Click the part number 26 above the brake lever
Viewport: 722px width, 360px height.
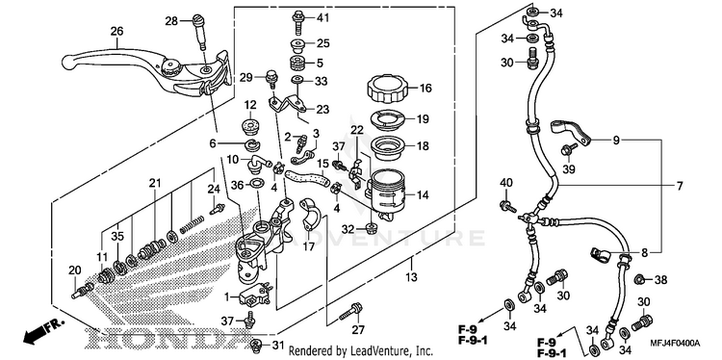click(x=116, y=32)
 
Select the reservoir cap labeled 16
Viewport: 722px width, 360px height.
click(x=386, y=89)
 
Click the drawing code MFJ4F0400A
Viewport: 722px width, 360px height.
click(x=676, y=343)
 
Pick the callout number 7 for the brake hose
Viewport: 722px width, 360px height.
click(x=680, y=187)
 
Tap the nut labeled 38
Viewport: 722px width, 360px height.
click(x=639, y=279)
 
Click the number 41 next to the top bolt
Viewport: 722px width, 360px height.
click(x=323, y=18)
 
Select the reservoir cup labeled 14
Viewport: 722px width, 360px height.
click(x=386, y=195)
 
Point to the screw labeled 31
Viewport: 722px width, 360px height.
click(x=258, y=345)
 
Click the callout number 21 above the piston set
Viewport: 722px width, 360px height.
click(x=155, y=183)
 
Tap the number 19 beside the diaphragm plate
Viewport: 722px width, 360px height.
click(x=423, y=119)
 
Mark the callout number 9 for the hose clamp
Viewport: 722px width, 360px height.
click(x=616, y=141)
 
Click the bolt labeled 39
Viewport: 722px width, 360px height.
click(x=568, y=150)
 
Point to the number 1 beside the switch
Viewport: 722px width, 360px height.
click(x=226, y=297)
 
